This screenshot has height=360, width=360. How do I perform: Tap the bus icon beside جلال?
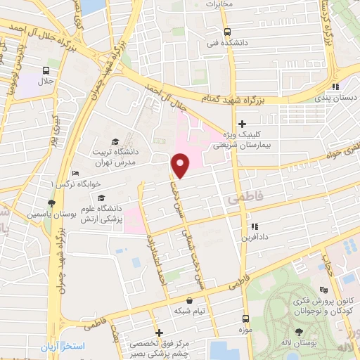[46, 70]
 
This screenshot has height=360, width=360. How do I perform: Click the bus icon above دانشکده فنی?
[227, 32]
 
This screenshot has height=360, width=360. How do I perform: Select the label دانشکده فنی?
[226, 41]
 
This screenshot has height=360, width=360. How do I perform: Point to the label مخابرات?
[218, 4]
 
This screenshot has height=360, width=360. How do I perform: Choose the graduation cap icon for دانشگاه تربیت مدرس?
[115, 142]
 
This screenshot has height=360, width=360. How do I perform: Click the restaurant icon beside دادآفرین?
[255, 226]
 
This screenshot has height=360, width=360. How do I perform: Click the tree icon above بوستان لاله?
[300, 332]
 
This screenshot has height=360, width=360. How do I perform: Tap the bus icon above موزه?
[246, 319]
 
